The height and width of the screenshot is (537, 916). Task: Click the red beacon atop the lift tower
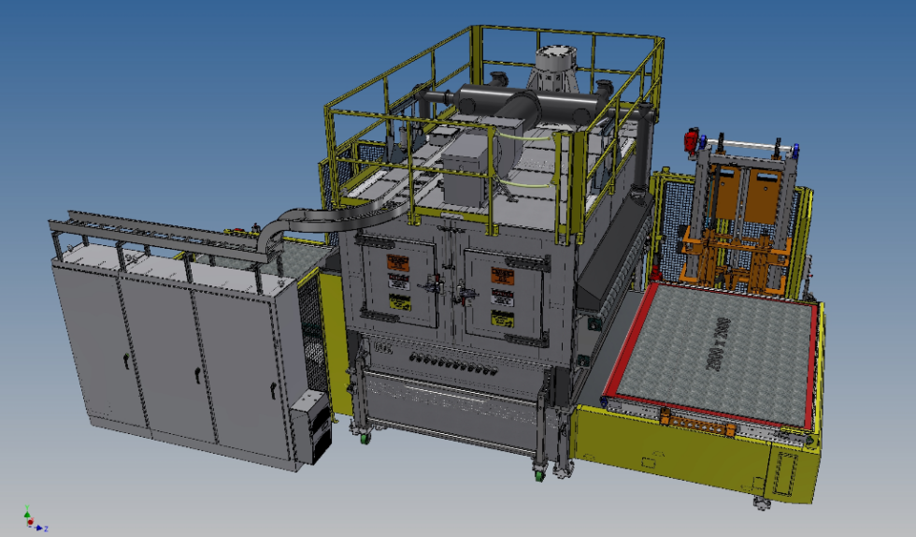pos(692,139)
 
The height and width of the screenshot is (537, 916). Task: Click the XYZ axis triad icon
pos(31,520)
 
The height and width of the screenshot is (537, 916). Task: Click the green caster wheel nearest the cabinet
pos(362,434)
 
